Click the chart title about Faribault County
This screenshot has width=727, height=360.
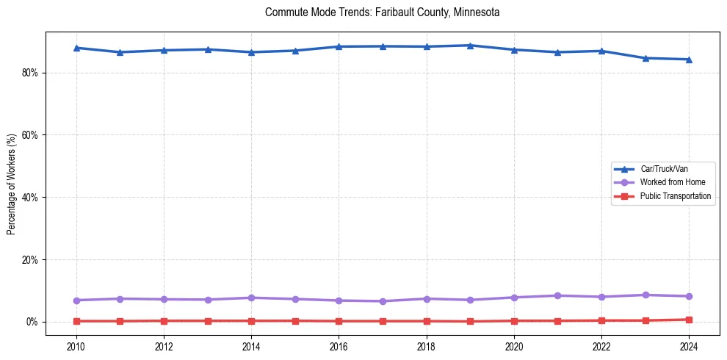click(x=382, y=12)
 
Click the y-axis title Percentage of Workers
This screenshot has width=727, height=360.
click(x=12, y=184)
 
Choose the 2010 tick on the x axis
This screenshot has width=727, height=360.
click(x=76, y=345)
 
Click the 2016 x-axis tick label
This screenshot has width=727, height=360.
click(x=339, y=345)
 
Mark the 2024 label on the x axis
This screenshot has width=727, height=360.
click(x=689, y=345)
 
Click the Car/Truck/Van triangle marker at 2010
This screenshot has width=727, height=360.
click(x=76, y=48)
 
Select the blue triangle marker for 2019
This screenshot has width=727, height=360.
click(x=470, y=46)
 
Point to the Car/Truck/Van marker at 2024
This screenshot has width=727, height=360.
click(x=689, y=60)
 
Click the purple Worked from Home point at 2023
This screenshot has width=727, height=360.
click(x=645, y=295)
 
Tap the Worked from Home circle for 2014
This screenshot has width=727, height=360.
click(x=251, y=298)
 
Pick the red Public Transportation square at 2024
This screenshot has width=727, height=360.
click(x=689, y=320)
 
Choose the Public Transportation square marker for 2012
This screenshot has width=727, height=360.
click(x=164, y=320)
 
